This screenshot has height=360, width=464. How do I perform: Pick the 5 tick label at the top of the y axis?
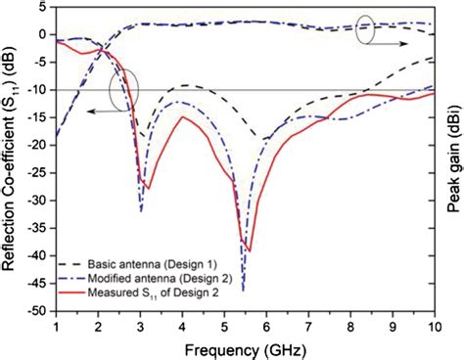45,7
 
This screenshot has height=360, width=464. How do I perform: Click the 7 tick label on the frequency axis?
308,326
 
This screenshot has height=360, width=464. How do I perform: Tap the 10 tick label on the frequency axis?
433,326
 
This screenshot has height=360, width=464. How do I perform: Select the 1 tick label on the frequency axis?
57,326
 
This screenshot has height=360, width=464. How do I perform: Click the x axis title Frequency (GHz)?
245,346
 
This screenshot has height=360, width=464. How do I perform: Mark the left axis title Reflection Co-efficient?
14,161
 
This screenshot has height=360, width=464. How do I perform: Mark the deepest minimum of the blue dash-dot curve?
243,290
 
